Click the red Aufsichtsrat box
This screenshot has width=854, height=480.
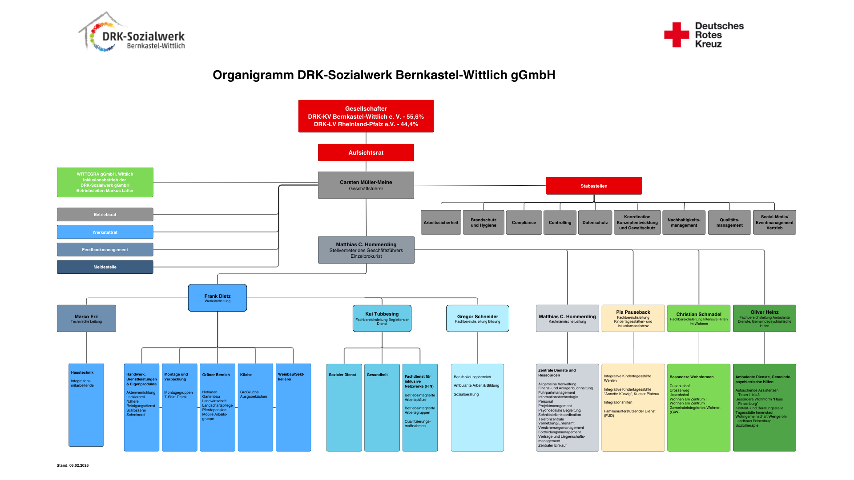[366, 152]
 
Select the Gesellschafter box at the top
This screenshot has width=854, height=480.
[366, 116]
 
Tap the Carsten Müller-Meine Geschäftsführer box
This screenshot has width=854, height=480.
[366, 185]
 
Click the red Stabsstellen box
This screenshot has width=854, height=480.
[593, 186]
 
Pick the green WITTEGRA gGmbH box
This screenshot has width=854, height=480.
[105, 182]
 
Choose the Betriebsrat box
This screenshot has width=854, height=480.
[105, 214]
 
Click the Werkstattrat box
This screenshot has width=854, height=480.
[105, 232]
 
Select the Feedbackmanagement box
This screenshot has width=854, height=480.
[105, 249]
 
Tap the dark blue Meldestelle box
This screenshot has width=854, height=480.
[105, 267]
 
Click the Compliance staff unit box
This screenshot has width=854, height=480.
[524, 222]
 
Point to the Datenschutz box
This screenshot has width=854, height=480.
[595, 222]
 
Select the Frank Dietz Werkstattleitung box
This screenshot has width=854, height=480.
[218, 298]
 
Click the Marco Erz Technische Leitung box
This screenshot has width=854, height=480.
[86, 318]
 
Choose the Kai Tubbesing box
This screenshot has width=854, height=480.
[382, 318]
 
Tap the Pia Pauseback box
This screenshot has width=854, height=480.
[632, 318]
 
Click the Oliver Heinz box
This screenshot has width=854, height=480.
[764, 318]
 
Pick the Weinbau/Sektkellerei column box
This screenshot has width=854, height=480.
[293, 407]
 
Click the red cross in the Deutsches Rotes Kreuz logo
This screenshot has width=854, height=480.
[676, 35]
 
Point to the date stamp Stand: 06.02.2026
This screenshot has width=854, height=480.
[73, 465]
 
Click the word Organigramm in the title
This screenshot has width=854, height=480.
[253, 75]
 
